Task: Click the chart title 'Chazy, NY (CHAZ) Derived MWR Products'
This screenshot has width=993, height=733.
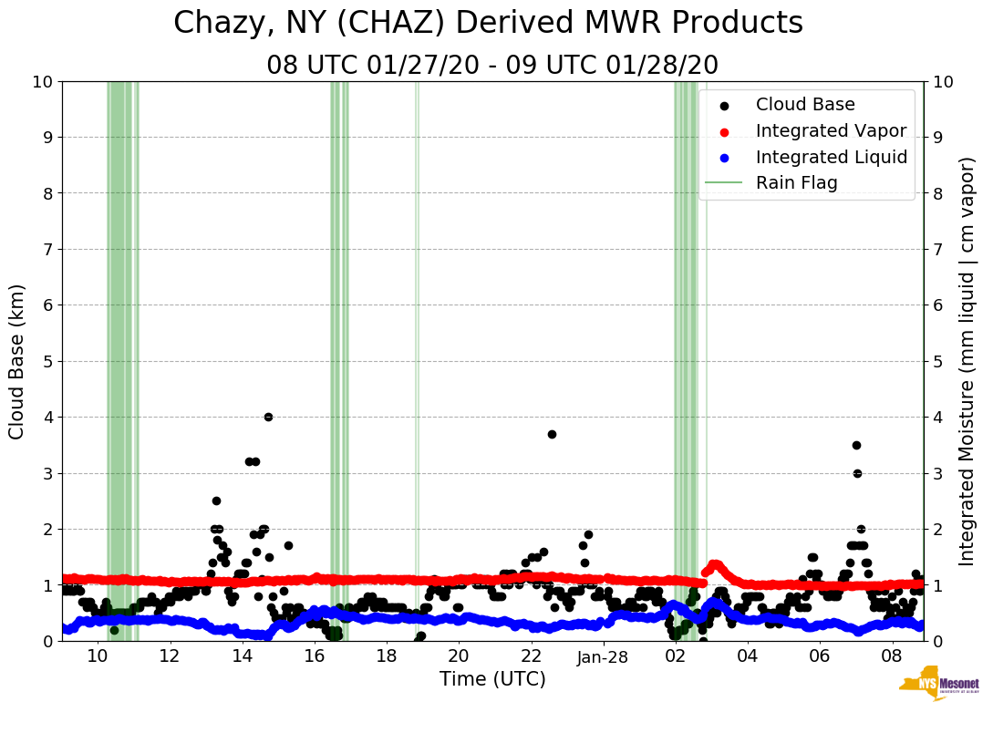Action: click(488, 23)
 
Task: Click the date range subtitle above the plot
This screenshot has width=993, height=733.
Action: click(492, 65)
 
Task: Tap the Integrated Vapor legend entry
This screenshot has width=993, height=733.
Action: click(831, 130)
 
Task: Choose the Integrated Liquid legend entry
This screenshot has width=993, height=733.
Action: click(831, 157)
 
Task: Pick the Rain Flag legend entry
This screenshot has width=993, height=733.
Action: click(796, 182)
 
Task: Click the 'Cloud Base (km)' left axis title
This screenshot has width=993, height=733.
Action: click(17, 361)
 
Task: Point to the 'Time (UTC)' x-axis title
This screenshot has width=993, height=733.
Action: click(492, 679)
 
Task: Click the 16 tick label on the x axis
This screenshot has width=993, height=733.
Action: click(314, 657)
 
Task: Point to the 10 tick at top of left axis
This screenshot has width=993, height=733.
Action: click(42, 82)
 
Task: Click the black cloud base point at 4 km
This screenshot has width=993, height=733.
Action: click(268, 417)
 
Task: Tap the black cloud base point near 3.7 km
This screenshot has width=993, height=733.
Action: click(552, 434)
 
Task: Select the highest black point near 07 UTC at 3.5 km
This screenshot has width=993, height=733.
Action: click(856, 445)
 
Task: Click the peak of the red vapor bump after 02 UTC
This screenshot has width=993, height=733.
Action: click(715, 564)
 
